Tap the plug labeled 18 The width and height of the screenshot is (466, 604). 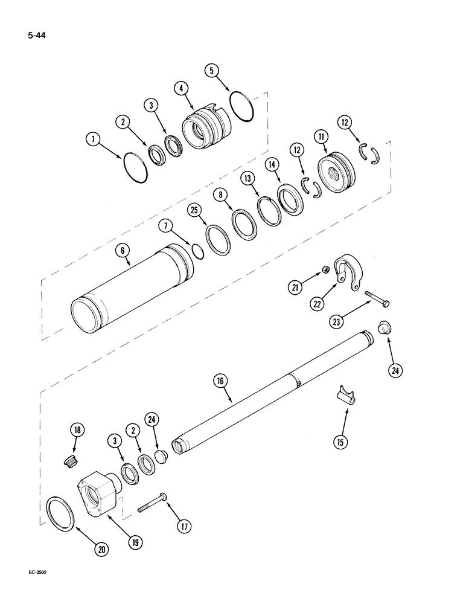coord(68,461)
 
